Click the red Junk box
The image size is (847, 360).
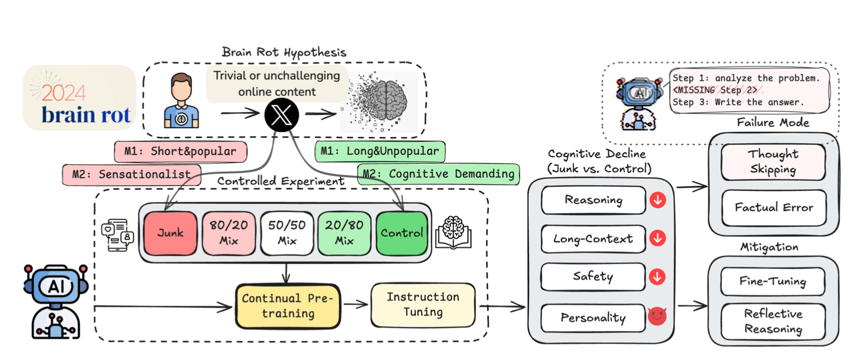pos(170,233)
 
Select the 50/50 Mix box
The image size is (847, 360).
pos(287,233)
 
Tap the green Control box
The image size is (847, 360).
pos(402,233)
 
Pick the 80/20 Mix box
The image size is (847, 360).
pos(229,233)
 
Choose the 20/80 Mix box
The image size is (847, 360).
pos(344,233)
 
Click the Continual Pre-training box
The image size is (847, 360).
pos(288,306)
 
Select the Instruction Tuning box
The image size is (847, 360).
pos(423,305)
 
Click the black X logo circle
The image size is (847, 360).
pos(281,115)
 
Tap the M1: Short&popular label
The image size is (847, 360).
pos(180,152)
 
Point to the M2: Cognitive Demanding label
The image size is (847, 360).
pos(438,174)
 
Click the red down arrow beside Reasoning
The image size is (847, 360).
pos(658,200)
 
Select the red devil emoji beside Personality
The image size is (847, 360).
pos(657,316)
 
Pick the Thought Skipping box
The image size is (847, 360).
pos(773,162)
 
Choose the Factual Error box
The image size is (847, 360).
pos(773,208)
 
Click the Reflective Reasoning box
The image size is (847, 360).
pos(773,321)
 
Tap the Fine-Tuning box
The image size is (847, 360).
pos(772,282)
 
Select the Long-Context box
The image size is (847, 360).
pos(593,239)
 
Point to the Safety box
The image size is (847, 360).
pos(593,277)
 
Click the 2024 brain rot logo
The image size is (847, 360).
pos(79,98)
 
